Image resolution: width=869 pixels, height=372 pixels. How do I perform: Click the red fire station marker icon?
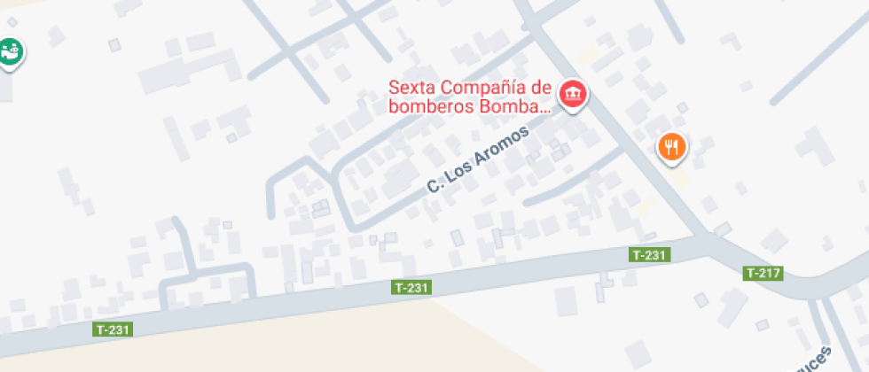point(573,94)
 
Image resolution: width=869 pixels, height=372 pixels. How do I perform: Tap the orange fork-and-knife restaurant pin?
point(672,146)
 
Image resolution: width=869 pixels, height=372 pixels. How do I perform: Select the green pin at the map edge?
point(10,52)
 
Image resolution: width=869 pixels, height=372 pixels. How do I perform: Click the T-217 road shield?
point(763,273)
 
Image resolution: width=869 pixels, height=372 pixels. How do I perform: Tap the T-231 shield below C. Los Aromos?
point(411,288)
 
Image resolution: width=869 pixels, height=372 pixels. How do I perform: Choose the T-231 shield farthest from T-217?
point(114,329)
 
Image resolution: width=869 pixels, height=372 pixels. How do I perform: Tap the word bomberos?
point(421,108)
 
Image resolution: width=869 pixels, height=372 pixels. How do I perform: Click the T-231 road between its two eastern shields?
point(532,270)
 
